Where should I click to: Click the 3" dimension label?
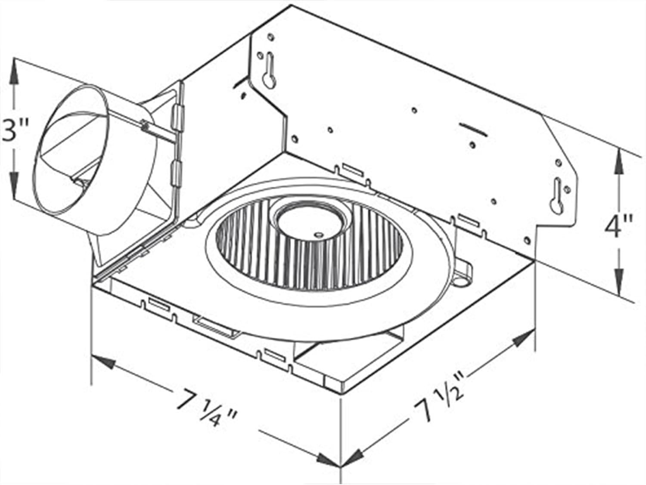click(x=15, y=130)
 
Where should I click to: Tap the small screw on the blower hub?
click(x=318, y=235)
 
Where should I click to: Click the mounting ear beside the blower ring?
click(x=463, y=274)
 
